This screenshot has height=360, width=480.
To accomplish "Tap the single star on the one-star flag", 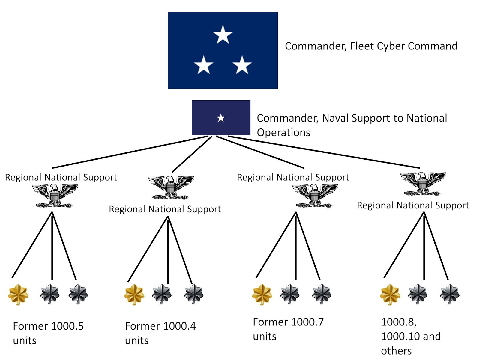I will [221, 118].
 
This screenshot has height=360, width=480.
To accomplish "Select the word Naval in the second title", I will [335, 118].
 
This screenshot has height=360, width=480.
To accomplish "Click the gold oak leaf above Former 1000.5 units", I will [18, 294].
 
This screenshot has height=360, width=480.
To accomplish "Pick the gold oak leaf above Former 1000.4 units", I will [134, 294].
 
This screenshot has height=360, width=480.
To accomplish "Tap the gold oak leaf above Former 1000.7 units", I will [262, 294].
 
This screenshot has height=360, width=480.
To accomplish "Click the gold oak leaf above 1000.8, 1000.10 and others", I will [390, 294].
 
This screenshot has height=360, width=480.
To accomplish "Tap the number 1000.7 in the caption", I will [307, 322].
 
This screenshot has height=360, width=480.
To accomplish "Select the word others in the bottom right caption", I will [396, 351].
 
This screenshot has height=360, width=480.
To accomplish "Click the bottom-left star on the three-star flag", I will [203, 65].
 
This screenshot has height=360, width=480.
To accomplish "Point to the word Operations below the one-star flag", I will [283, 133].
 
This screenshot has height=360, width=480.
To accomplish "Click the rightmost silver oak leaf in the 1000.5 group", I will [78, 294].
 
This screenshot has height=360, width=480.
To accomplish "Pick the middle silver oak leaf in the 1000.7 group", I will [289, 294].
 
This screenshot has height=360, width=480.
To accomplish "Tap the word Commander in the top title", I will [316, 46].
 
